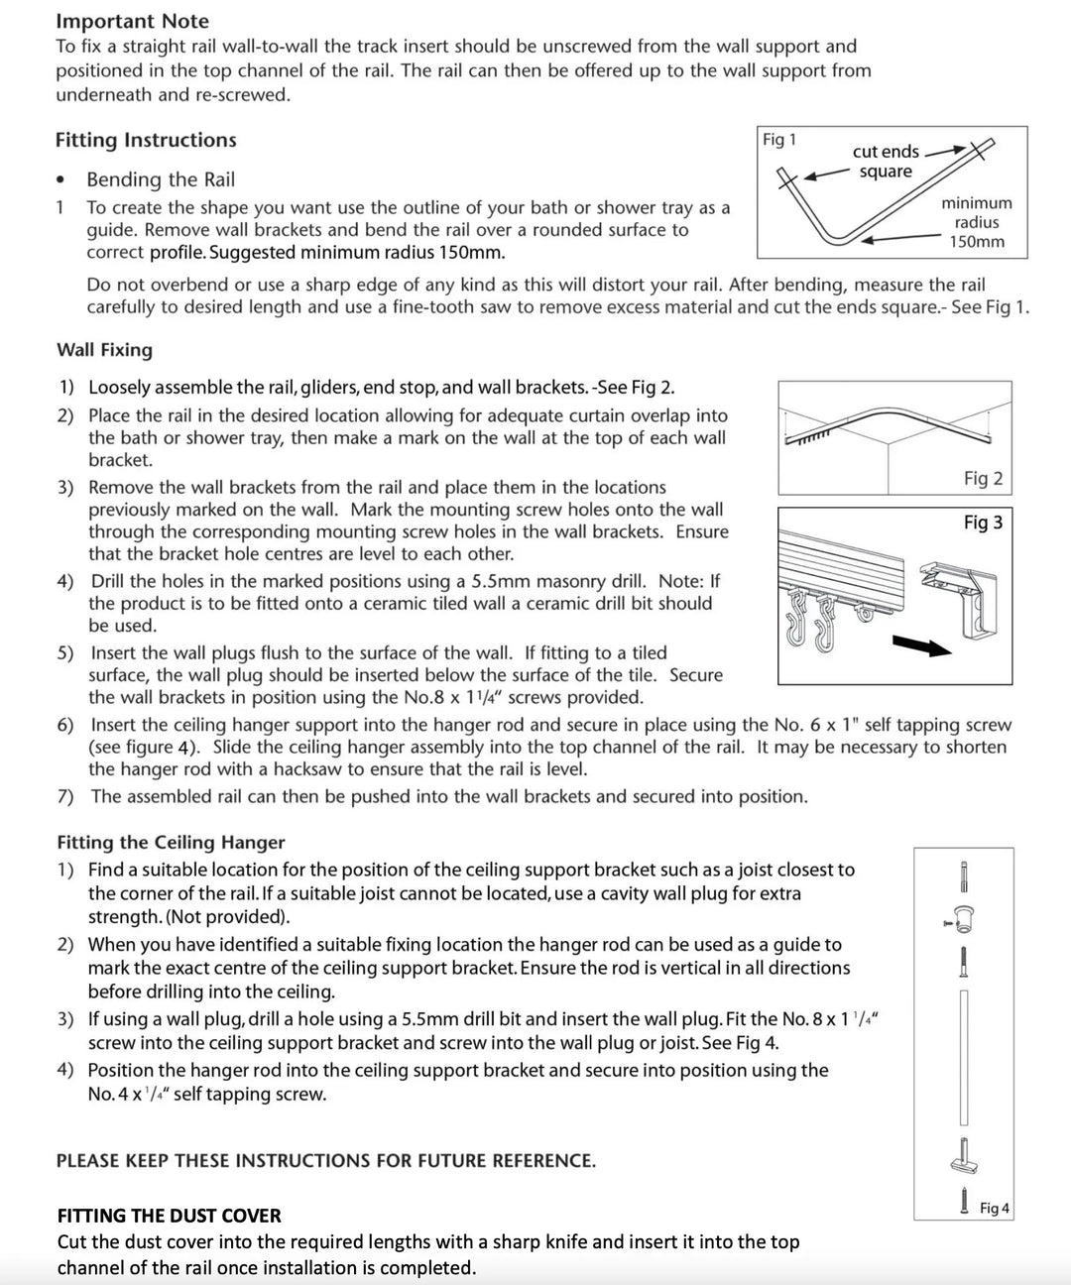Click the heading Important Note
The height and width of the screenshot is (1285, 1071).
coord(132,21)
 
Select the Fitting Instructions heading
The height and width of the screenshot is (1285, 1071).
coord(146,140)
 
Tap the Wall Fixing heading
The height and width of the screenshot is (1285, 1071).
coord(104,350)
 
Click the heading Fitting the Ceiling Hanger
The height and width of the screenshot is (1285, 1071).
coord(171,842)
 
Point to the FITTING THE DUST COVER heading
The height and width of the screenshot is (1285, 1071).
coord(169,1216)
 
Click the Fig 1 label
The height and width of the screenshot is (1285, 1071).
coord(779,140)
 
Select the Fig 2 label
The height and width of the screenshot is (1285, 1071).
coord(983,478)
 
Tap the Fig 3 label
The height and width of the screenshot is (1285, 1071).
coord(983,522)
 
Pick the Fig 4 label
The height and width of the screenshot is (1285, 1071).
coord(994,1208)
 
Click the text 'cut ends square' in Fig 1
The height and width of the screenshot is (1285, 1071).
coord(886,162)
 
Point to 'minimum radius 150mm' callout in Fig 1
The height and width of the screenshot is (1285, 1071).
coord(977,222)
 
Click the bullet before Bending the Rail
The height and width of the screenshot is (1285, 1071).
coord(61,180)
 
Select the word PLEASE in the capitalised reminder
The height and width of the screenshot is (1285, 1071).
coord(87,1160)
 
